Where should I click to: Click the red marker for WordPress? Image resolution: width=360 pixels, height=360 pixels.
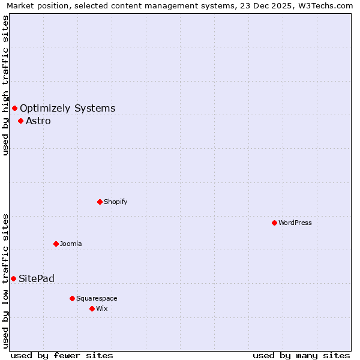pos(274,223)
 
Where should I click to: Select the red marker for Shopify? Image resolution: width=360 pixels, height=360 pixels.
pos(100,202)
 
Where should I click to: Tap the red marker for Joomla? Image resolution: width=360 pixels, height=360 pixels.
pos(56,244)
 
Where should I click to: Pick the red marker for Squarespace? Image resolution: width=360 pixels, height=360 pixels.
pos(72,298)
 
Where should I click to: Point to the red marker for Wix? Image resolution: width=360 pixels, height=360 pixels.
pos(92,308)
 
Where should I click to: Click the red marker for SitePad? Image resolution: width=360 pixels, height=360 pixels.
pos(13,278)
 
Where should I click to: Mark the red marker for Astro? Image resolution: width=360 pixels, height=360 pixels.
pos(20,121)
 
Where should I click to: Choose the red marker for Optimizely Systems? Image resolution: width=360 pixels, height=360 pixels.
pos(14,108)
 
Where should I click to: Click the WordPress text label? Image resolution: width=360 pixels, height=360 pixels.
pos(295,223)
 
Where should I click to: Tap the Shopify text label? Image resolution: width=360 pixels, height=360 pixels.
pos(116,202)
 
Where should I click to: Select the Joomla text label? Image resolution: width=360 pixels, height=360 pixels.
pos(71,244)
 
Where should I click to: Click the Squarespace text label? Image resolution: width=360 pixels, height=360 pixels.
pos(97,298)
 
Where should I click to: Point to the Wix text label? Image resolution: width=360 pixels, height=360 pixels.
pos(102,308)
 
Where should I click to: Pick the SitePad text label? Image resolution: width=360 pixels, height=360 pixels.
pos(37,278)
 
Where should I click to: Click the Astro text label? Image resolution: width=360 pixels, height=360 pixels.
pos(38,121)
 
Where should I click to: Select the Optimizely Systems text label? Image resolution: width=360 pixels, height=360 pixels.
pos(68,108)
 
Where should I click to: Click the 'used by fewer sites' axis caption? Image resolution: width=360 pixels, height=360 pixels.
pos(62,355)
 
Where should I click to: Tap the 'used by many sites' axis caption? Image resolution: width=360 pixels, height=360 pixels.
pos(301,355)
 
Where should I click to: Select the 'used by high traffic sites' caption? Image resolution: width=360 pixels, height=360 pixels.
pos(6,85)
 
